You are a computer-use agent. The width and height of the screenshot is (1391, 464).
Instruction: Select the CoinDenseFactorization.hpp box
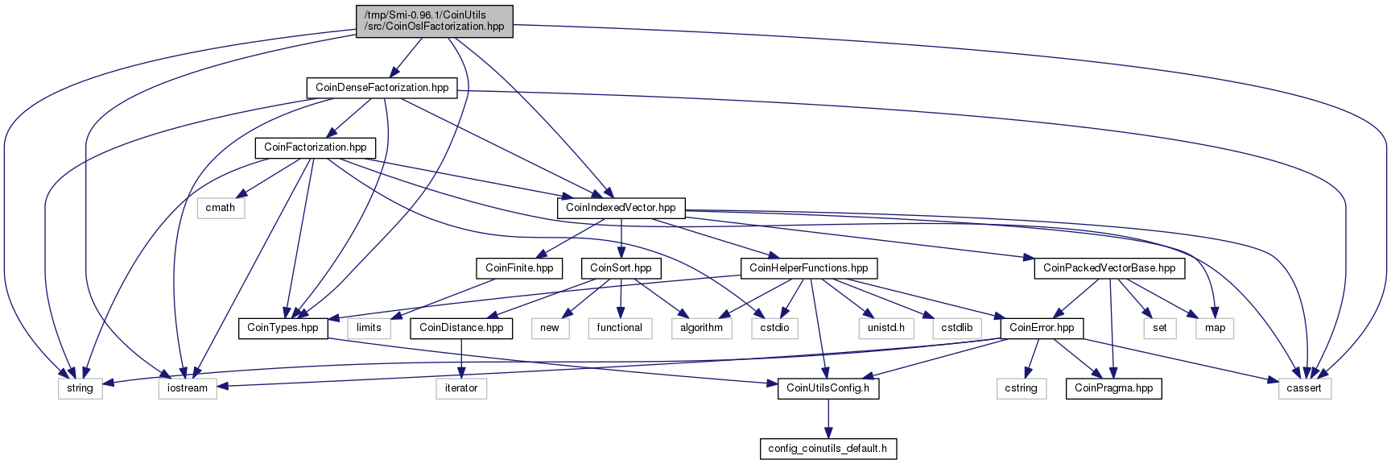[x=382, y=88]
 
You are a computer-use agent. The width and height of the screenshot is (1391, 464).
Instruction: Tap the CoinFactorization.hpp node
[x=315, y=147]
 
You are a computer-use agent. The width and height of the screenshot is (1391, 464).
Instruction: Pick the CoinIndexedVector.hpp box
[x=621, y=208]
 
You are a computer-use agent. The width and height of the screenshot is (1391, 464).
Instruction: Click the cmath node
[x=221, y=208]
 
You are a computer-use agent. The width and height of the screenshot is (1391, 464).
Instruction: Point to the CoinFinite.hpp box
[x=519, y=268]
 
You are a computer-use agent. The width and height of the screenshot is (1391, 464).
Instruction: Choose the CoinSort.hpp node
[x=621, y=268]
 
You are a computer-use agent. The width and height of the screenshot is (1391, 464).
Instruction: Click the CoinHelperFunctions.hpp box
[x=808, y=268]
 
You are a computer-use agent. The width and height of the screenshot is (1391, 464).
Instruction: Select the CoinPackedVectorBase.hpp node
[x=1109, y=268]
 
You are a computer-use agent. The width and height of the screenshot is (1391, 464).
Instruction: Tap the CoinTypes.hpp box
[x=283, y=328]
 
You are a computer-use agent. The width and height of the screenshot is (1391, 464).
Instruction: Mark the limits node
[x=369, y=328]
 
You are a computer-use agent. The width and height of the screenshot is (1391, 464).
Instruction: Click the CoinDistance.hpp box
[x=461, y=328]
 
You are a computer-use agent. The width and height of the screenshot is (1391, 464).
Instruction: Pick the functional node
[x=619, y=328]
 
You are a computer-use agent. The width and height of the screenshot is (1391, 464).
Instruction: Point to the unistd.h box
[x=885, y=328]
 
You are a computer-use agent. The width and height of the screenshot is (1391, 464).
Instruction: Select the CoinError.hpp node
[x=1042, y=328]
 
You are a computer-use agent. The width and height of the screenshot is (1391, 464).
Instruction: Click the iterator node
[x=461, y=388]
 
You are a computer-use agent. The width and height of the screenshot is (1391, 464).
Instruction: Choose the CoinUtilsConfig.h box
[x=828, y=388]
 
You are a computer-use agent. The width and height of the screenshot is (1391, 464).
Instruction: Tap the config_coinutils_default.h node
[x=828, y=449]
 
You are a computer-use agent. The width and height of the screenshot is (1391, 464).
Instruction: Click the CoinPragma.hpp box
[x=1113, y=388]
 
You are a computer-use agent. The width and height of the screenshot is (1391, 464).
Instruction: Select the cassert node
[x=1304, y=388]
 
